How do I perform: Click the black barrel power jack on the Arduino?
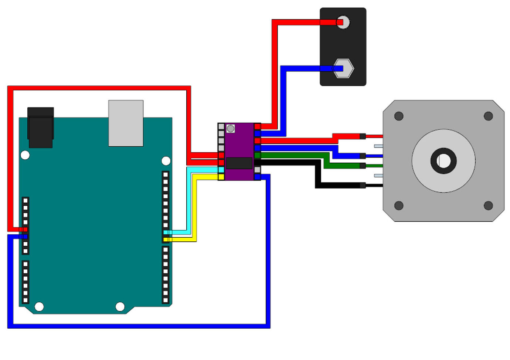(x=40, y=127)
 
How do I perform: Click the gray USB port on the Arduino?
(x=126, y=123)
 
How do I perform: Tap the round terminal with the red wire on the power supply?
(x=343, y=22)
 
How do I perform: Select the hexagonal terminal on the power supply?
(x=344, y=68)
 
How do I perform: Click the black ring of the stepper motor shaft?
(x=443, y=161)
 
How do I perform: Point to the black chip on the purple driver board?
(x=239, y=163)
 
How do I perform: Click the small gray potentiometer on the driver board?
(x=231, y=129)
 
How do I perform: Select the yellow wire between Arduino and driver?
(x=195, y=211)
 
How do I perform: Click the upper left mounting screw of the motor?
(x=399, y=116)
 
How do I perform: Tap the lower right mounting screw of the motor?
(x=488, y=206)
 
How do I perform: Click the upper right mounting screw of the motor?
(x=488, y=116)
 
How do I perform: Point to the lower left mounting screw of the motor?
(x=399, y=206)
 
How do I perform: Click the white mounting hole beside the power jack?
(x=25, y=155)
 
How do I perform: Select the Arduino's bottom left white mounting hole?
(x=39, y=307)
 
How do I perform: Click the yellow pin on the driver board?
(x=221, y=177)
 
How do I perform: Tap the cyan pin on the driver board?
(x=221, y=170)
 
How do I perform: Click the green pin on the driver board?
(x=258, y=155)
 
